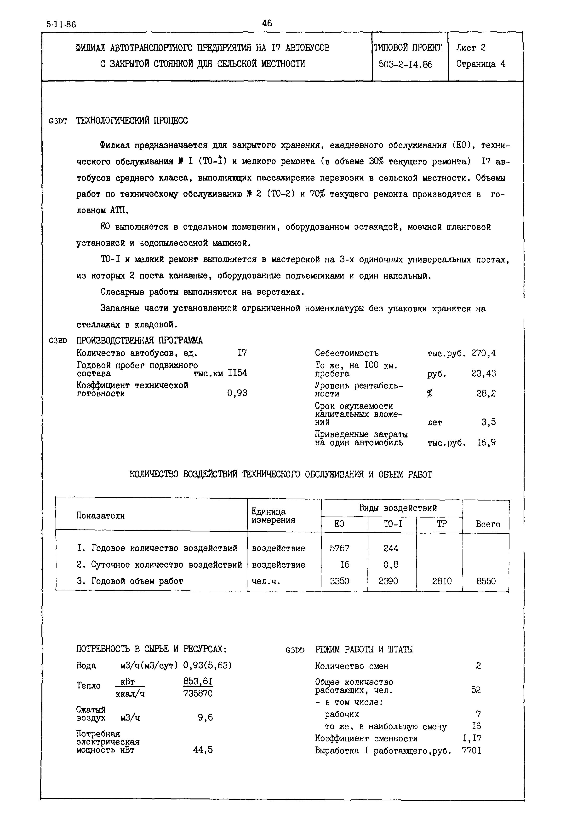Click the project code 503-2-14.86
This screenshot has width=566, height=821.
point(405,64)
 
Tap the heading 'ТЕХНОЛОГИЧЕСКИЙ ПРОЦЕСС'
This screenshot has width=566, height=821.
point(132,121)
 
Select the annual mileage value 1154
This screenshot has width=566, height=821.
point(237,373)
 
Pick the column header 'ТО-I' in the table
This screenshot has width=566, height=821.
point(393,524)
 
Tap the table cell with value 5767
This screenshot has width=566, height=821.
point(339,548)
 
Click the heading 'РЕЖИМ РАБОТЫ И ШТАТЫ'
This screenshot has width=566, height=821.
point(364,650)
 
